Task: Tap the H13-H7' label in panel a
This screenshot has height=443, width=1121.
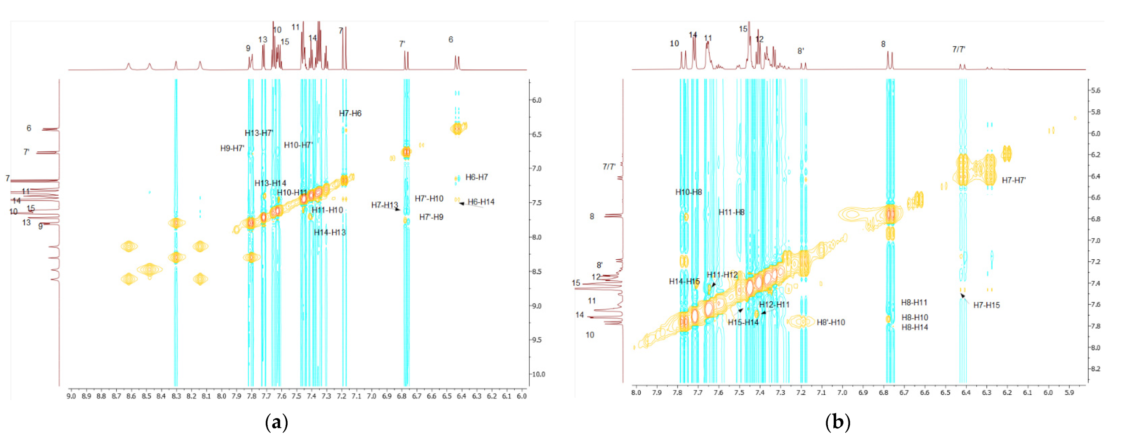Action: pos(259,133)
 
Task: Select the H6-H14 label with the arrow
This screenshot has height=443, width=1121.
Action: pos(481,202)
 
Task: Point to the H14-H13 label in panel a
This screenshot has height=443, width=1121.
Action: pos(330,232)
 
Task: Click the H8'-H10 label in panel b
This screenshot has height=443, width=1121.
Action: pos(830,322)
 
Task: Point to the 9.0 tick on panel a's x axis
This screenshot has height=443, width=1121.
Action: pos(71,396)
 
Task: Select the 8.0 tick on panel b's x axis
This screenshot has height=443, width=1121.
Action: pos(636,393)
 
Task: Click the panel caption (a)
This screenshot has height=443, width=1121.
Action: pos(276,422)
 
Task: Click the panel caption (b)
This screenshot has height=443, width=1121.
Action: pos(837,422)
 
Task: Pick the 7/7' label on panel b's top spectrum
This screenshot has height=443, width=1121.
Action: pos(958,49)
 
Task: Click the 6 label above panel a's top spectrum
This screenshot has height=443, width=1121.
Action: pos(451,40)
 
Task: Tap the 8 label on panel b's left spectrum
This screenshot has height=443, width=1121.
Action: pos(591,216)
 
